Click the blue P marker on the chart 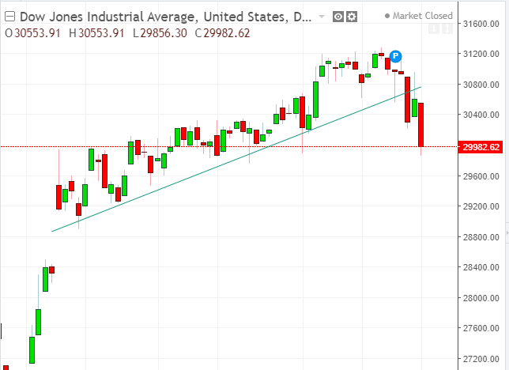(x=396, y=55)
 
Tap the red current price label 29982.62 (x=482, y=147)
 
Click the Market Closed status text (x=423, y=16)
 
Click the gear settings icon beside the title (x=352, y=16)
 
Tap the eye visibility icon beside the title (x=338, y=16)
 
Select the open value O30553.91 (x=34, y=32)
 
